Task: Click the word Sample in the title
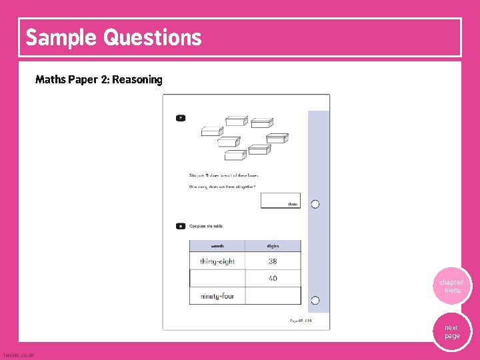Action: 61,37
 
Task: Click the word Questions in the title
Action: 152,37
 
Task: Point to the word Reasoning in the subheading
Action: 137,80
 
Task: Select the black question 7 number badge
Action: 181,118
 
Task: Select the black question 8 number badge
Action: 181,227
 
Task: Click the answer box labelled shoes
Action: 280,201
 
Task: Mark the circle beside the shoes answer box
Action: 315,204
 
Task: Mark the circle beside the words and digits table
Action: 315,300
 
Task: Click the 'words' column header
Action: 217,246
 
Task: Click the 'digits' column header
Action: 273,246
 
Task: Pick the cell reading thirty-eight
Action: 217,261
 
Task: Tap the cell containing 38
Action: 273,261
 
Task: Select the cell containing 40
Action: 273,278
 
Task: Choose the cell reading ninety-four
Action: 217,295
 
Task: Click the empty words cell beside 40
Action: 217,278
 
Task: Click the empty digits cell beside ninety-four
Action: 273,295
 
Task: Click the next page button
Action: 452,331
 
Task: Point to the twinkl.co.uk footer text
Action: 19,355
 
